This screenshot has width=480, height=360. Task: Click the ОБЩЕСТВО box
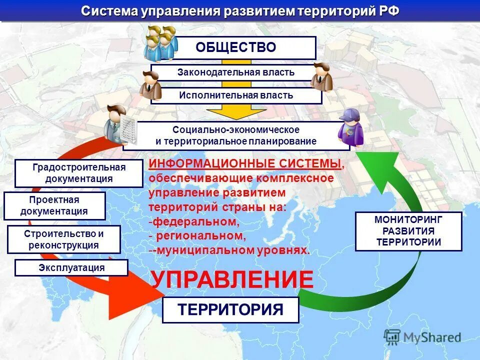[235, 47]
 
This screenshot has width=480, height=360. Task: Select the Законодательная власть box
[235, 72]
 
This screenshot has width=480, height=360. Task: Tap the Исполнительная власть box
[235, 95]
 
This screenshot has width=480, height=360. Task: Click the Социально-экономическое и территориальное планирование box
[235, 135]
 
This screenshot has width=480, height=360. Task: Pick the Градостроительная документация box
[79, 173]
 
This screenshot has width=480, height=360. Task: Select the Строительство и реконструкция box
[64, 239]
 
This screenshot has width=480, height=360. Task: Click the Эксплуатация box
[71, 267]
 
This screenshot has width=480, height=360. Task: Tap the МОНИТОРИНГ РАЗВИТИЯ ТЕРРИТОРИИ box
[408, 231]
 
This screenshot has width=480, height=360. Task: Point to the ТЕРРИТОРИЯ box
[230, 309]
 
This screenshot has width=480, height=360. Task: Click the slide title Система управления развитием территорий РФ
[240, 11]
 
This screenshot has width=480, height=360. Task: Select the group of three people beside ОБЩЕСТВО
[161, 42]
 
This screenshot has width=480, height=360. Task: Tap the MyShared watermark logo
[422, 337]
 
